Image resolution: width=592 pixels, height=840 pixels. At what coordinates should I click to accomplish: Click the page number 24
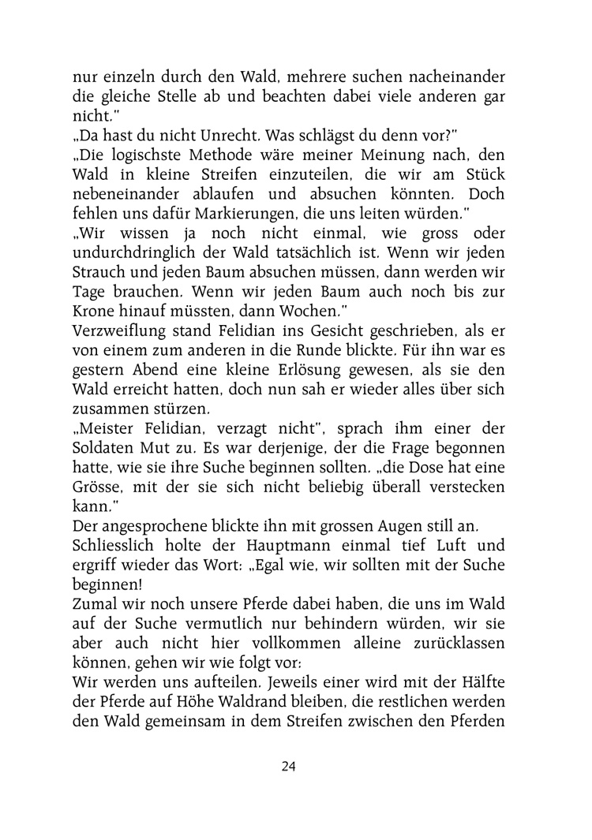point(288,766)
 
